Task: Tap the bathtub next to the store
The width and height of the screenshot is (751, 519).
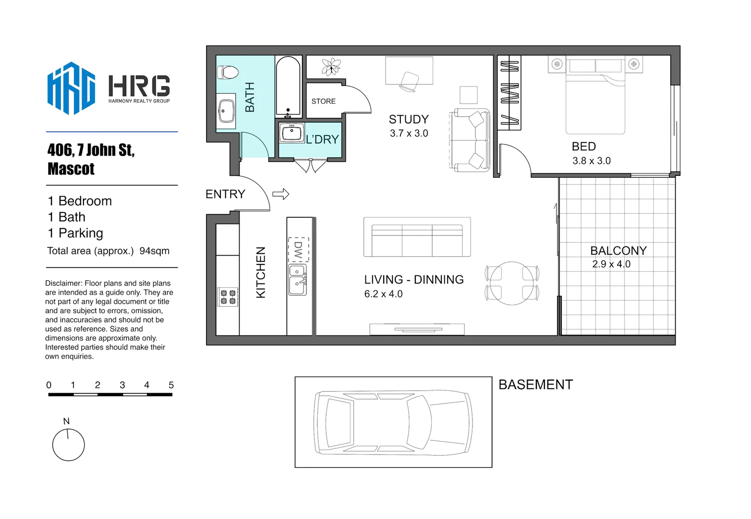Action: point(288,86)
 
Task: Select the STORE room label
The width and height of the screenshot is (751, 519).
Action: point(323,101)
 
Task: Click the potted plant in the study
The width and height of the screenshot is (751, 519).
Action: point(331,67)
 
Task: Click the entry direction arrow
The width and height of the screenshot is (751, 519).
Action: point(281,194)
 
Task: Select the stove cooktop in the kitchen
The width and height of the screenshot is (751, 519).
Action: point(228,297)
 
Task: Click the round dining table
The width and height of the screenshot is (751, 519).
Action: point(512,284)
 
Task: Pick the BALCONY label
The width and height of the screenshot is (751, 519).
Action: point(618,251)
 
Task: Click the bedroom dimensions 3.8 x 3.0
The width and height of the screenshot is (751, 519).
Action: point(591,161)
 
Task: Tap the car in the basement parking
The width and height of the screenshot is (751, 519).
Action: point(393,422)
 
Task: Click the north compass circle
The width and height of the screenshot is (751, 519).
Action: point(69,445)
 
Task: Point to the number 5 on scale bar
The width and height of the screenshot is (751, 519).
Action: point(171,385)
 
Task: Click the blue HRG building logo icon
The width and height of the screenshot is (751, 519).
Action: point(71,88)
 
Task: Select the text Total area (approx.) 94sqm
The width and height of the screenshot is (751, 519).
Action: point(108,251)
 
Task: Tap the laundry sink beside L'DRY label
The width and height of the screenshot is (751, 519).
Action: point(291,133)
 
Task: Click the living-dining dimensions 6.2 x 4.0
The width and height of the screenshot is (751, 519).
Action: point(383,294)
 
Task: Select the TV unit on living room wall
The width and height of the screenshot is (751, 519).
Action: point(417,329)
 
